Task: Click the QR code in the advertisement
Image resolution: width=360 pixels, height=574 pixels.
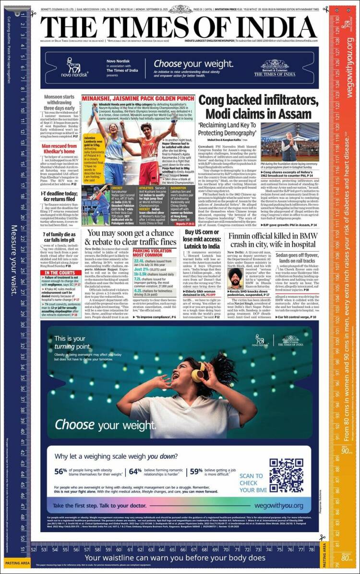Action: [286, 476]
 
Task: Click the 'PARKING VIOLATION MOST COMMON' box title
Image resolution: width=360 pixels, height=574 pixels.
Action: [154, 254]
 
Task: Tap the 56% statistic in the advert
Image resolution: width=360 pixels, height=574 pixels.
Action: [61, 471]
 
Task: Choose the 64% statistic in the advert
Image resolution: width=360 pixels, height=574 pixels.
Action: [135, 471]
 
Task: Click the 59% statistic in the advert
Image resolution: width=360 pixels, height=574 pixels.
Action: [196, 471]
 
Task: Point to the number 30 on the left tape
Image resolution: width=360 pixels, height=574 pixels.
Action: [23, 324]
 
